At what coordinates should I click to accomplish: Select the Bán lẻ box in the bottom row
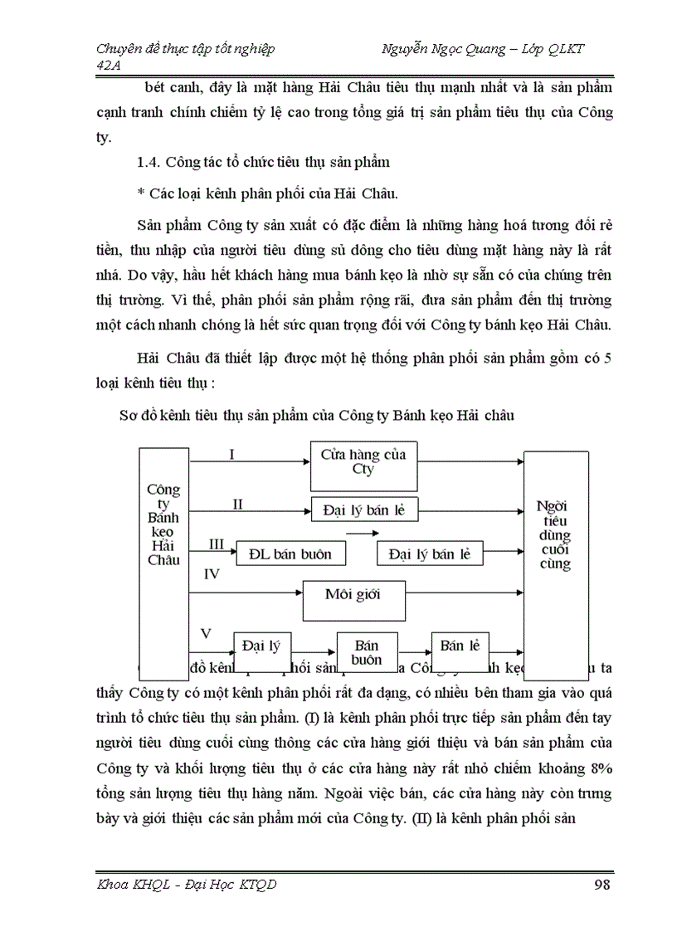coord(460,646)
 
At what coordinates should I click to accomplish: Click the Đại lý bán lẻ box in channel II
coord(364,510)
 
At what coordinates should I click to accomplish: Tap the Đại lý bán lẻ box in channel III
coord(429,554)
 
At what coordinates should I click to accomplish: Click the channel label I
coord(232,454)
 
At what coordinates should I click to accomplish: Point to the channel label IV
coord(212,573)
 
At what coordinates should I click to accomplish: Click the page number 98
coord(602,884)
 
